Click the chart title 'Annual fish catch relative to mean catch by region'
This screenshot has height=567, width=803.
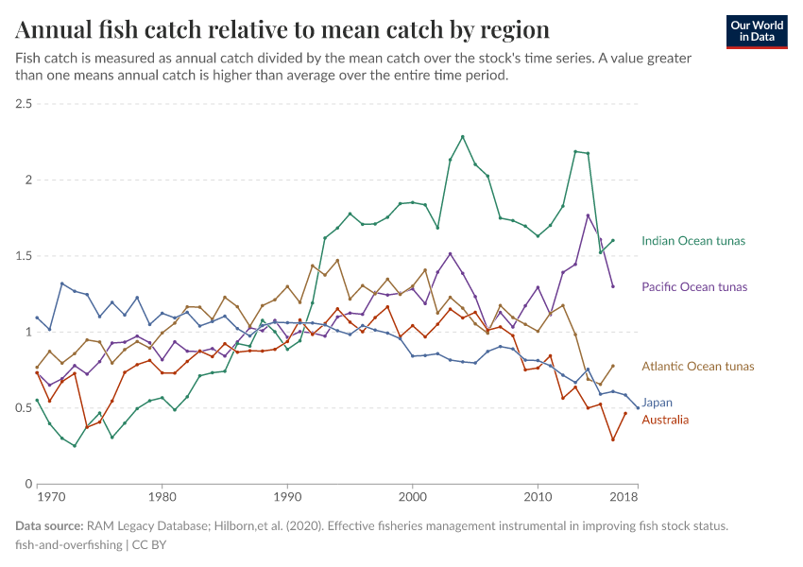[x=282, y=29]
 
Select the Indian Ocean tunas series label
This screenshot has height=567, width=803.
[x=693, y=241]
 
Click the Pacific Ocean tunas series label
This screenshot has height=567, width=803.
[x=694, y=286]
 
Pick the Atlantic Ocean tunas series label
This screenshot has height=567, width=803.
[x=698, y=367]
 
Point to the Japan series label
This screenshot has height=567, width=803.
[x=658, y=403]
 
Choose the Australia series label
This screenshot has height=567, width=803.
[x=665, y=420]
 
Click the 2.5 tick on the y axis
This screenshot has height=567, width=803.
[x=23, y=103]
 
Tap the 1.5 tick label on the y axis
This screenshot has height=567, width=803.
[x=23, y=256]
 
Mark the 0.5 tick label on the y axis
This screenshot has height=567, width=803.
[x=23, y=408]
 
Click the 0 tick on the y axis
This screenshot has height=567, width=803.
[x=28, y=484]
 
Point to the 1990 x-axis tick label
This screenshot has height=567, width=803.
[x=287, y=496]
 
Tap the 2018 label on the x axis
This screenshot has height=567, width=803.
[x=622, y=496]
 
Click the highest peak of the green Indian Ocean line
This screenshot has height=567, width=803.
[x=463, y=136]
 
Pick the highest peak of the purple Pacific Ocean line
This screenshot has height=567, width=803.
[x=588, y=215]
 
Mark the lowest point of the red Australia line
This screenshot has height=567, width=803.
[x=613, y=439]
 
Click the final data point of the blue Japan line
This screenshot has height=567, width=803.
[x=638, y=408]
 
